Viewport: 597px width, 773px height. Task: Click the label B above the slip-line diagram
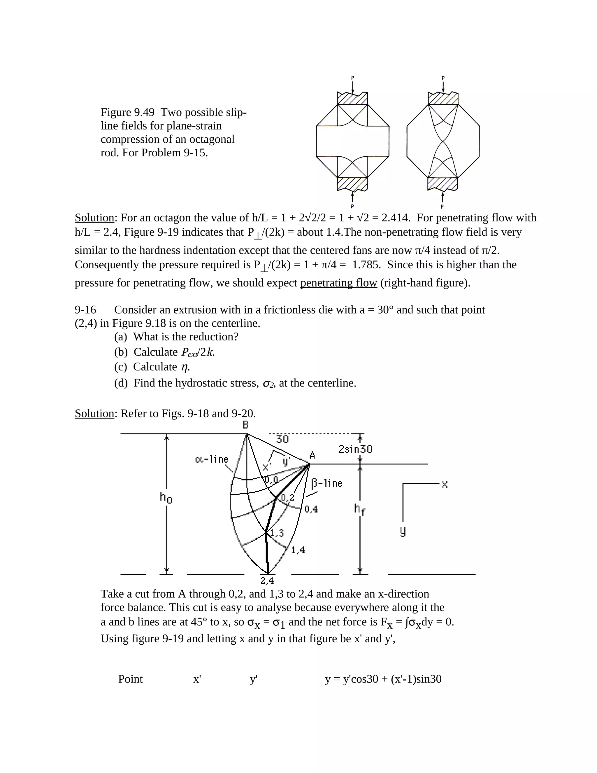coord(245,425)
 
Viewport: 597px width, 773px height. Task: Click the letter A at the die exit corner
coord(312,455)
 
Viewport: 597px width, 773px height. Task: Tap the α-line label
coord(212,459)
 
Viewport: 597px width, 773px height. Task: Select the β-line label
coord(327,483)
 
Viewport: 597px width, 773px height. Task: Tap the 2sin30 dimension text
coord(355,450)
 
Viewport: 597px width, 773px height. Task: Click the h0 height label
coord(166,498)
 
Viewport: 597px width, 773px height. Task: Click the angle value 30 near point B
coord(282,440)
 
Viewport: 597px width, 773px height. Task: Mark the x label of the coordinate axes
coord(445,485)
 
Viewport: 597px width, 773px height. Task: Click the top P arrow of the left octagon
coord(353,85)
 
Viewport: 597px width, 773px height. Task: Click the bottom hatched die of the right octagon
coord(443,184)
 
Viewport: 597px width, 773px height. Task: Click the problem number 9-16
coord(85,310)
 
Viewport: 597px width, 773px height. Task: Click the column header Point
coord(130,679)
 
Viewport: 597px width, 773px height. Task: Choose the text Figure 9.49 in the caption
coord(127,112)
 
